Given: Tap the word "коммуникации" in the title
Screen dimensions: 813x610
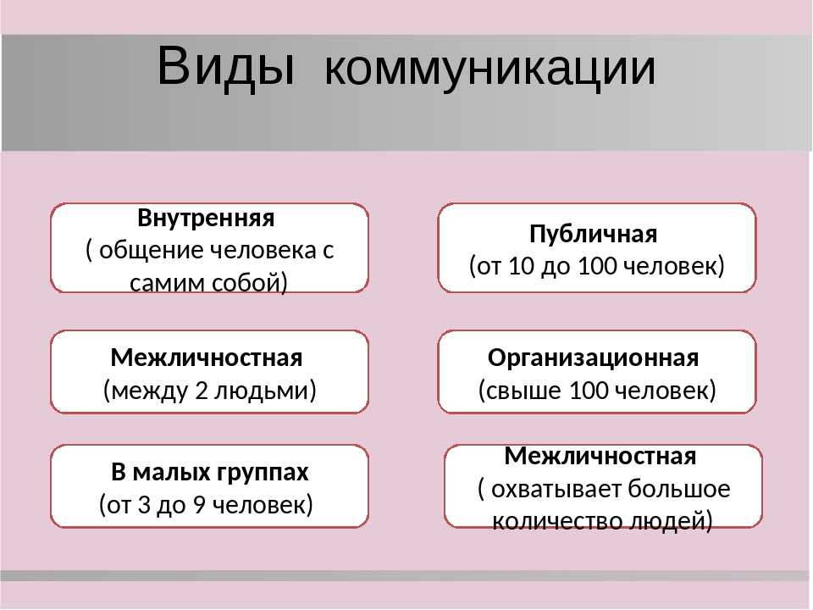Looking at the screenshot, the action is [490, 69].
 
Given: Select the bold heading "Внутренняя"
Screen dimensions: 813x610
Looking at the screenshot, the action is [206, 218].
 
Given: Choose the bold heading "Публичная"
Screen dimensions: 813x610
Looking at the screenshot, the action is [593, 235].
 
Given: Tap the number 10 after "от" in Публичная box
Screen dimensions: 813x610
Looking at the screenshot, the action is [521, 266].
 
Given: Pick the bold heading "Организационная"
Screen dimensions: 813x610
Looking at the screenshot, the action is [593, 358].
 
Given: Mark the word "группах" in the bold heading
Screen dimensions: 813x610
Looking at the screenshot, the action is [263, 473].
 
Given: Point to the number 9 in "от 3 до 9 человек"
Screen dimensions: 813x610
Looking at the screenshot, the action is [199, 505].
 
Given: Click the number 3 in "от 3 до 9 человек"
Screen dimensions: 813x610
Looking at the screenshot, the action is [144, 505].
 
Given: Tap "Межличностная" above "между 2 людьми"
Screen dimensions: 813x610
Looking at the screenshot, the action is [207, 358].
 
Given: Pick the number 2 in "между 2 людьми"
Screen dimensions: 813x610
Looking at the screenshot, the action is [202, 391].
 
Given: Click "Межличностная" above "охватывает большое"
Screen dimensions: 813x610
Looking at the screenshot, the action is [600, 457].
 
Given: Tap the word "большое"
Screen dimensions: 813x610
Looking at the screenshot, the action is [678, 488].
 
